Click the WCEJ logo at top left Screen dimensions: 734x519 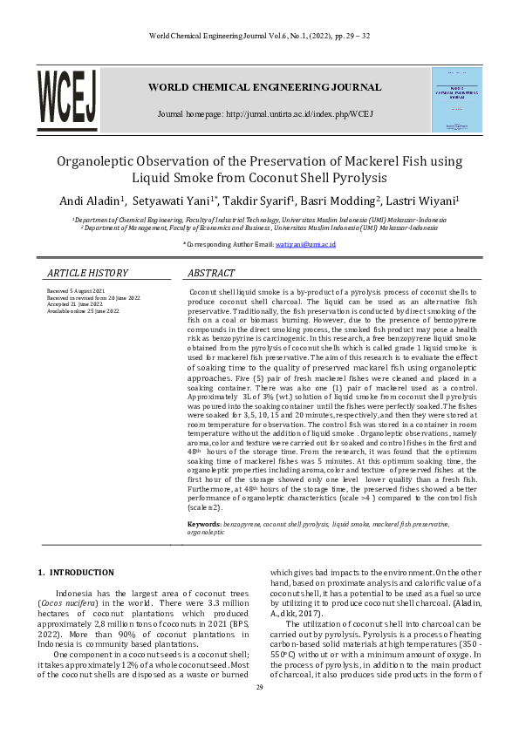tap(66, 100)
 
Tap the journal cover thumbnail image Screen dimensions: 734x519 tap(456, 99)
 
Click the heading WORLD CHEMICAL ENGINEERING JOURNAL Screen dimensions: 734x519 tap(264, 87)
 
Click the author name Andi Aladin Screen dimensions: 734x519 tap(92, 201)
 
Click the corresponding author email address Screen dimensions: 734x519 tap(305, 245)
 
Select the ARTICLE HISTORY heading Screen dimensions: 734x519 tap(87, 273)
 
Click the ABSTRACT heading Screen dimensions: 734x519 tap(212, 273)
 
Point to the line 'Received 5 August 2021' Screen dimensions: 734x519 tap(76, 290)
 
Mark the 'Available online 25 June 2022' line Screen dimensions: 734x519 tap(83, 311)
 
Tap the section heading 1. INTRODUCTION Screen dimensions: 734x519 tap(75, 573)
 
